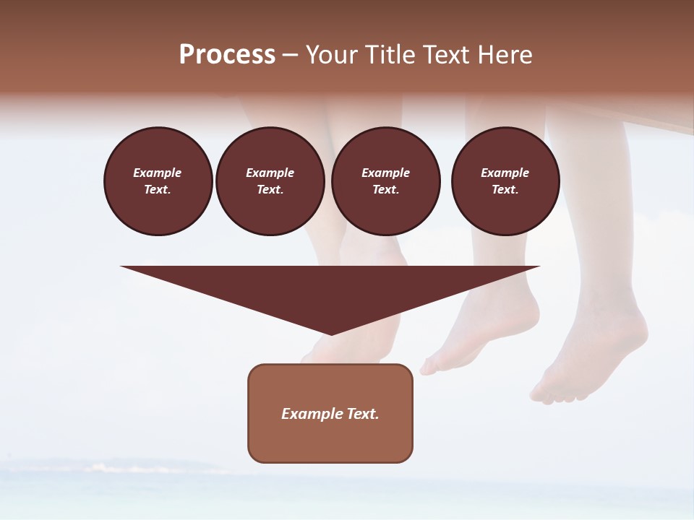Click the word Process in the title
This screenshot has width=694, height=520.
pos(227,55)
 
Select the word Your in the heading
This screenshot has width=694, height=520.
pos(332,55)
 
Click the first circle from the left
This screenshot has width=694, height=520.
pos(158,181)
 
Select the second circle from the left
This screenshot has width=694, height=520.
pos(270,181)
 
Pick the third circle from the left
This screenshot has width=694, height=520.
pos(385,181)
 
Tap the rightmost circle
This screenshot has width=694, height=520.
pos(505,181)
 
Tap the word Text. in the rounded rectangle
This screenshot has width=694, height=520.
pos(363,414)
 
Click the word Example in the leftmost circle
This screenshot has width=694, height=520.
pos(158,173)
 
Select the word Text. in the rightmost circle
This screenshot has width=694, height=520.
pos(505,190)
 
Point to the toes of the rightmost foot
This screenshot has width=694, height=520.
pos(557,395)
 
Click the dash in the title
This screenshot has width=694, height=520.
pos(290,56)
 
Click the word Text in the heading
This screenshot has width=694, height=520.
pos(445,55)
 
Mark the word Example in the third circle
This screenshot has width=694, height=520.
pos(385,173)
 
